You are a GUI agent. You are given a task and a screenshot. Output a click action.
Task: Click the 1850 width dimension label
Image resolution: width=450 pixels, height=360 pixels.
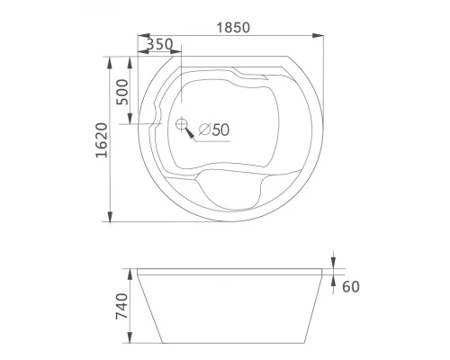point(233,28)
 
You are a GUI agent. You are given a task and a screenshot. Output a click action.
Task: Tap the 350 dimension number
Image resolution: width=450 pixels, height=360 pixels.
point(160,44)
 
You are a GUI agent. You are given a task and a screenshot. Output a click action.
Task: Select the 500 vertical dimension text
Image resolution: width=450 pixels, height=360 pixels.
point(122,92)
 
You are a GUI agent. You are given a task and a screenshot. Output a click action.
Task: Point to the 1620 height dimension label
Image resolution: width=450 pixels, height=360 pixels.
point(102,140)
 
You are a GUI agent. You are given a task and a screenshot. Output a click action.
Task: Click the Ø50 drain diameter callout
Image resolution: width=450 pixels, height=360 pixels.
point(214,130)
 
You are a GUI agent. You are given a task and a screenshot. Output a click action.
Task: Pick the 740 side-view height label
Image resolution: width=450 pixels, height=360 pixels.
point(122,306)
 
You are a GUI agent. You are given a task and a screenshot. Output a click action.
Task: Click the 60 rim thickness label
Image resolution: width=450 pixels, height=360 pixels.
point(351,287)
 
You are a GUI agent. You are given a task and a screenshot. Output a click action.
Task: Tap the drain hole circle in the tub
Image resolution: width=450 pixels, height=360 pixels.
point(181,124)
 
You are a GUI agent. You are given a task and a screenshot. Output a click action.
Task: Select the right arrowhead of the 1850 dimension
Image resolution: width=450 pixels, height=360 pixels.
point(318,35)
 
